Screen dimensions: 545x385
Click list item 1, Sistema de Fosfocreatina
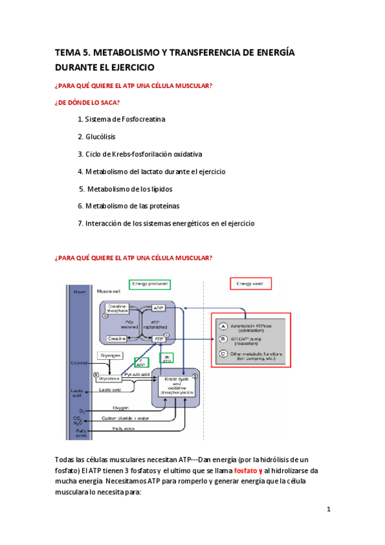coord(121,120)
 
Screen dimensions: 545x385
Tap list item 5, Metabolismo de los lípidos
coord(125,189)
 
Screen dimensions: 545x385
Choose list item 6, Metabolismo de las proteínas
coord(128,206)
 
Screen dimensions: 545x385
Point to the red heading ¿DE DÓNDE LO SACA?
coord(87,102)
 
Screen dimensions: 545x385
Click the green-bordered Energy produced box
coord(150,283)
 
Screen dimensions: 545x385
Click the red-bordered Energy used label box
coord(251,283)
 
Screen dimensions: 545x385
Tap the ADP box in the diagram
coord(159,308)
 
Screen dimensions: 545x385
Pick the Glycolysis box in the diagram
coord(110,379)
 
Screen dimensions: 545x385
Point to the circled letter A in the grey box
coord(222,326)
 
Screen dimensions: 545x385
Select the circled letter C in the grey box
coord(222,353)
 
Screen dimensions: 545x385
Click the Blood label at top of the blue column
coord(79,291)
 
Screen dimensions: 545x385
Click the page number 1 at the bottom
coord(328,510)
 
